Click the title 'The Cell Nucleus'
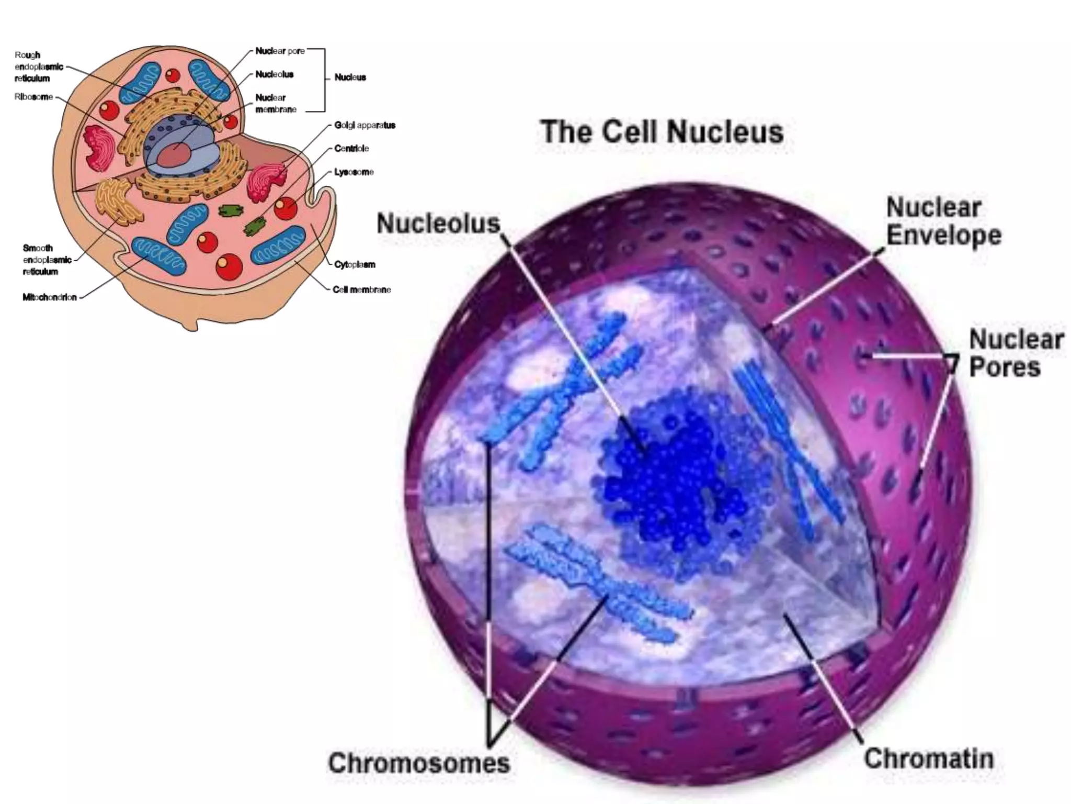click(x=662, y=131)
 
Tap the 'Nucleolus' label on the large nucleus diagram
click(x=438, y=224)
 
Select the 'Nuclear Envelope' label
click(x=943, y=221)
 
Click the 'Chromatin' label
click(x=928, y=758)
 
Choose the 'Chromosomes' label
click(x=419, y=763)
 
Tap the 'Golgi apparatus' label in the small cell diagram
click(x=364, y=125)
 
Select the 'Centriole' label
click(x=351, y=149)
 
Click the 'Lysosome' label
click(x=354, y=172)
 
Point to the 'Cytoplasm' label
click(x=355, y=264)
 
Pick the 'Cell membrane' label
click(x=361, y=289)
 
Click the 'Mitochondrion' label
click(x=50, y=297)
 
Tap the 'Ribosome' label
click(x=33, y=97)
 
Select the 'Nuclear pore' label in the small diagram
click(x=280, y=51)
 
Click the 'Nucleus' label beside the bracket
click(x=350, y=77)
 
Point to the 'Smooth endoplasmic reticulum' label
click(x=47, y=260)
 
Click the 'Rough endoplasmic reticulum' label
click(x=39, y=66)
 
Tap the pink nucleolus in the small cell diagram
click(x=174, y=155)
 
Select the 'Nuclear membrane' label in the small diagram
click(x=276, y=104)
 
